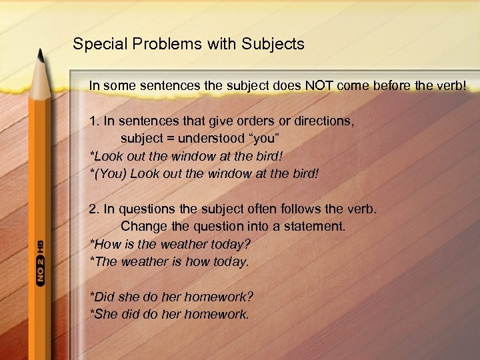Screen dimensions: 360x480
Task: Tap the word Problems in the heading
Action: click(x=158, y=45)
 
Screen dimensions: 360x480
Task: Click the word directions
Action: click(x=321, y=122)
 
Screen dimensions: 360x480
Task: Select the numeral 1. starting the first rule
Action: click(x=94, y=122)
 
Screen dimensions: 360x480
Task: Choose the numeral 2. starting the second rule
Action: click(x=94, y=209)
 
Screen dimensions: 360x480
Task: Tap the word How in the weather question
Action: click(x=107, y=244)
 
